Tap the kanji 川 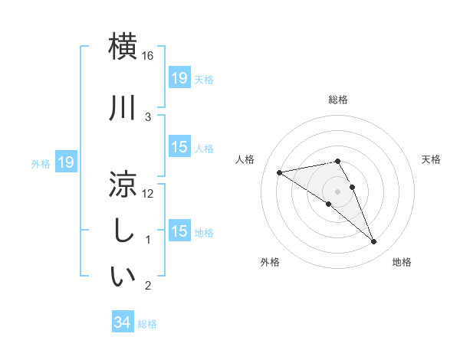point(123,108)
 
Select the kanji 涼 point(123,185)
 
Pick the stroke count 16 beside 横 point(149,56)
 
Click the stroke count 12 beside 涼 point(149,194)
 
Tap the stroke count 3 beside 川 point(149,116)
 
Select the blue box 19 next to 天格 point(179,77)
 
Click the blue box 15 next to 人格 point(179,147)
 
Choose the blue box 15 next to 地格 point(179,231)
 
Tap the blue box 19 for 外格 point(66,162)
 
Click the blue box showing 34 point(122,323)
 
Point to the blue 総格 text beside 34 point(147,324)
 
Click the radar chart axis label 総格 point(337,100)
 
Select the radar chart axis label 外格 point(270,262)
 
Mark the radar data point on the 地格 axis point(374,242)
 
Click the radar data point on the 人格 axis point(279,172)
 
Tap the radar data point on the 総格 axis point(337,161)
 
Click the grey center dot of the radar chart point(337,191)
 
